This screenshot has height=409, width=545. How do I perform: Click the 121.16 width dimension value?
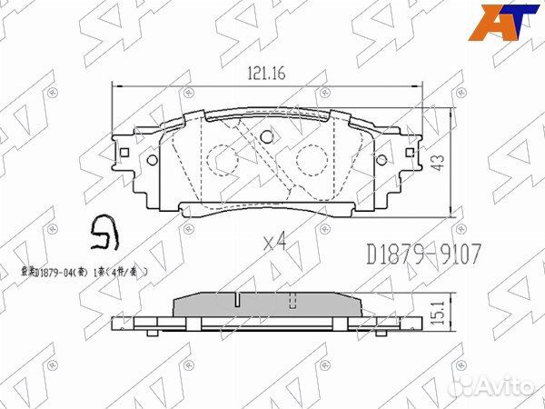coord(265,75)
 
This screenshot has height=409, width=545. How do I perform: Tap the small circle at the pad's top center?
coord(267,138)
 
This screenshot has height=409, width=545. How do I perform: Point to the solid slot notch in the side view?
coord(234,300)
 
